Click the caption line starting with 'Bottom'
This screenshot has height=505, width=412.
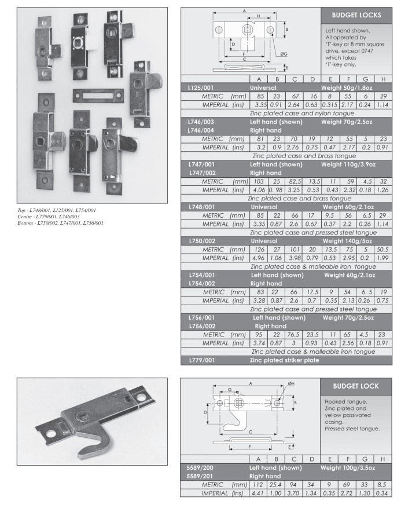(61, 222)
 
